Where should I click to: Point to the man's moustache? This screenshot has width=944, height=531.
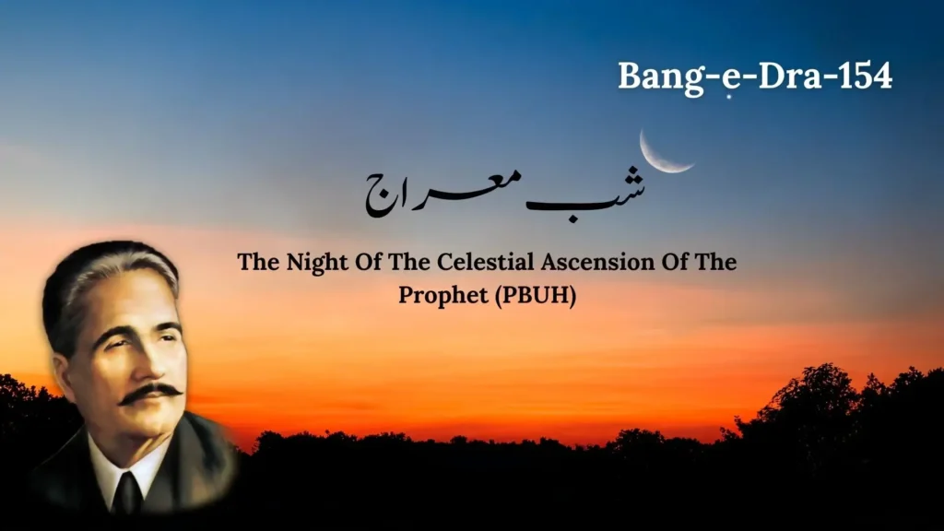pyautogui.click(x=150, y=391)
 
